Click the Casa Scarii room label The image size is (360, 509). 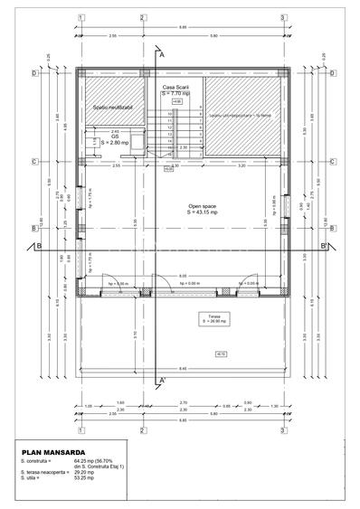point(175,87)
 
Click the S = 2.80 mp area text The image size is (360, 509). point(117,143)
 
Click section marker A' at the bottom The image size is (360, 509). point(162,380)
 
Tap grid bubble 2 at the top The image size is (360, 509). point(144,17)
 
